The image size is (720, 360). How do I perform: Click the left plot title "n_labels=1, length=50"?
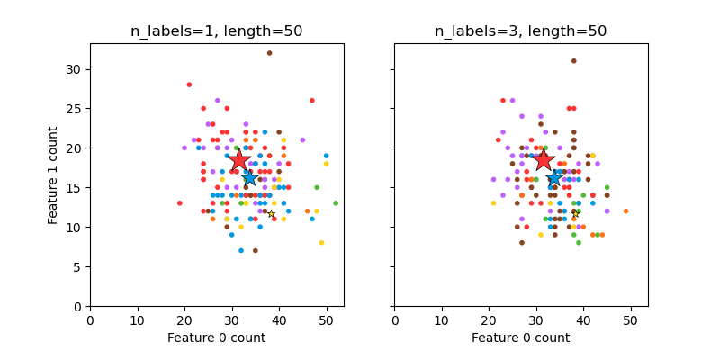(x=217, y=31)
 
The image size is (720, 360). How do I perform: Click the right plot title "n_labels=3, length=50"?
(x=521, y=31)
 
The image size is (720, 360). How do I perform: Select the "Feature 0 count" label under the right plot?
(x=521, y=337)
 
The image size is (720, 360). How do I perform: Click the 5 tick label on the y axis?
(x=77, y=266)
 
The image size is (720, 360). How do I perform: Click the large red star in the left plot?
(x=239, y=160)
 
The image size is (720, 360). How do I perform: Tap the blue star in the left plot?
(x=249, y=178)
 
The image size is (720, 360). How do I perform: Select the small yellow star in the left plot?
(x=271, y=213)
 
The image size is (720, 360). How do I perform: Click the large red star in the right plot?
(x=544, y=160)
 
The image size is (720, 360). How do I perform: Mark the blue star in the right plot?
(x=554, y=178)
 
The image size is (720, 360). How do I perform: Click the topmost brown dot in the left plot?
(x=269, y=53)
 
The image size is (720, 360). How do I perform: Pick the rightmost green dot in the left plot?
(x=336, y=203)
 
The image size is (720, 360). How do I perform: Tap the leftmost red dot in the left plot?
(x=180, y=203)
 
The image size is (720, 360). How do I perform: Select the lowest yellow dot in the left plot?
(x=321, y=243)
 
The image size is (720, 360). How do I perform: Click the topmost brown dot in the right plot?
(x=573, y=61)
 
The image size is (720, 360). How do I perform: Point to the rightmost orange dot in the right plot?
(x=625, y=211)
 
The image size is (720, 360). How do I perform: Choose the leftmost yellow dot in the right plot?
(x=493, y=203)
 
